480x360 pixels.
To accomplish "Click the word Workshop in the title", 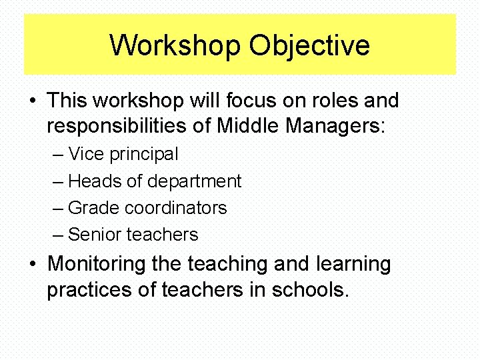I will click(175, 46).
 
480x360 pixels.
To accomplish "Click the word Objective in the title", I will click(309, 46).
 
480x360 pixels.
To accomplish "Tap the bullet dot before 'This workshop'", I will click(33, 102).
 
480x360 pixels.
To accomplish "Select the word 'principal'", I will click(144, 155).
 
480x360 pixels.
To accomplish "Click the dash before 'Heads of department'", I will click(58, 181).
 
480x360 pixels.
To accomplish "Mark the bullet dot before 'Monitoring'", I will click(33, 265).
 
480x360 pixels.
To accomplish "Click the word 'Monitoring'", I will click(96, 264).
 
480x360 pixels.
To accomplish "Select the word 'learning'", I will click(353, 264).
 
